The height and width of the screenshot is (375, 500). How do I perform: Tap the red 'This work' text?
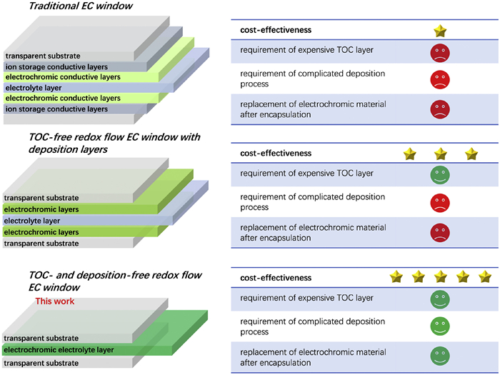54,301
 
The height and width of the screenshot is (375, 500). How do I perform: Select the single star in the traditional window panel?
441,31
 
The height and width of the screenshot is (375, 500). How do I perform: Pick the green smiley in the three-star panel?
440,175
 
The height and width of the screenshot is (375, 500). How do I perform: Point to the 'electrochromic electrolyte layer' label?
59,349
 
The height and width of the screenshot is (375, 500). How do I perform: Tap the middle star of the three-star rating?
440,154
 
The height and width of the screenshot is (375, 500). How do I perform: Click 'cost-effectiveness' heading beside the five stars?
274,276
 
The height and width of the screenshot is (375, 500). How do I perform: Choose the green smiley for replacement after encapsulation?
440,355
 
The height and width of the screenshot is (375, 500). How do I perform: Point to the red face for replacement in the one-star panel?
440,109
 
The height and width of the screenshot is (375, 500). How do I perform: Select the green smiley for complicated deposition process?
440,326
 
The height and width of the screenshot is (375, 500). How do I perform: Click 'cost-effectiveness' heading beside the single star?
274,31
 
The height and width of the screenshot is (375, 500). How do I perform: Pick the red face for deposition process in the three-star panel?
440,202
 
